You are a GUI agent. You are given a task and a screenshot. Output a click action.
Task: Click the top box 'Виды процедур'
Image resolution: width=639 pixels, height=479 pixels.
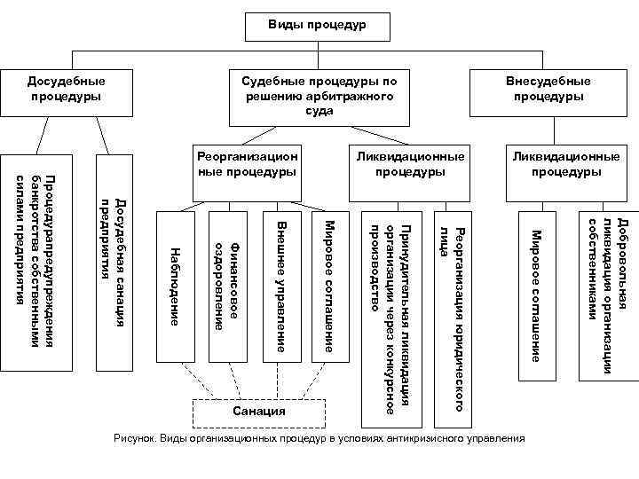(x=318, y=27)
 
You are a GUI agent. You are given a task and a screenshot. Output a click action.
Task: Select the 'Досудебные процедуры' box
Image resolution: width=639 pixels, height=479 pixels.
(x=62, y=90)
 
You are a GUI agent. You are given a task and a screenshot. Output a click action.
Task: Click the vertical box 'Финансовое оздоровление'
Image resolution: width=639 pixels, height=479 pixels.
(x=227, y=286)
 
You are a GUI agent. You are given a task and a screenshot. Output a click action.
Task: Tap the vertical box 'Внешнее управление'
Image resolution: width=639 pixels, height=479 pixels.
(x=280, y=286)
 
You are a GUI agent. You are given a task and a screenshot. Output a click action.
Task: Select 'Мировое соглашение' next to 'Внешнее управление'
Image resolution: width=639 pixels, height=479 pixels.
(x=328, y=286)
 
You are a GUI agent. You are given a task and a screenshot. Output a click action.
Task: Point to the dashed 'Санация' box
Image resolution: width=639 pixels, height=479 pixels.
(x=259, y=412)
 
